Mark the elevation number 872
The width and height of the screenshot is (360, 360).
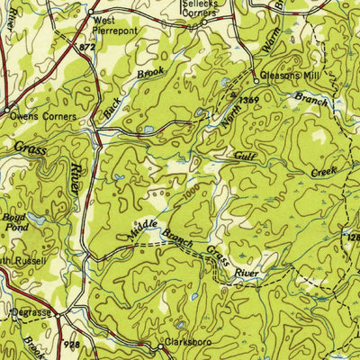[x=86, y=45]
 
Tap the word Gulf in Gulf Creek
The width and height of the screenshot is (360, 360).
[x=245, y=157]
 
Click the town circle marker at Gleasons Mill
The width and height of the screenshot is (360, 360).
[x=255, y=76]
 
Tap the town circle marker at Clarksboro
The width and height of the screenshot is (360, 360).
[x=162, y=344]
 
